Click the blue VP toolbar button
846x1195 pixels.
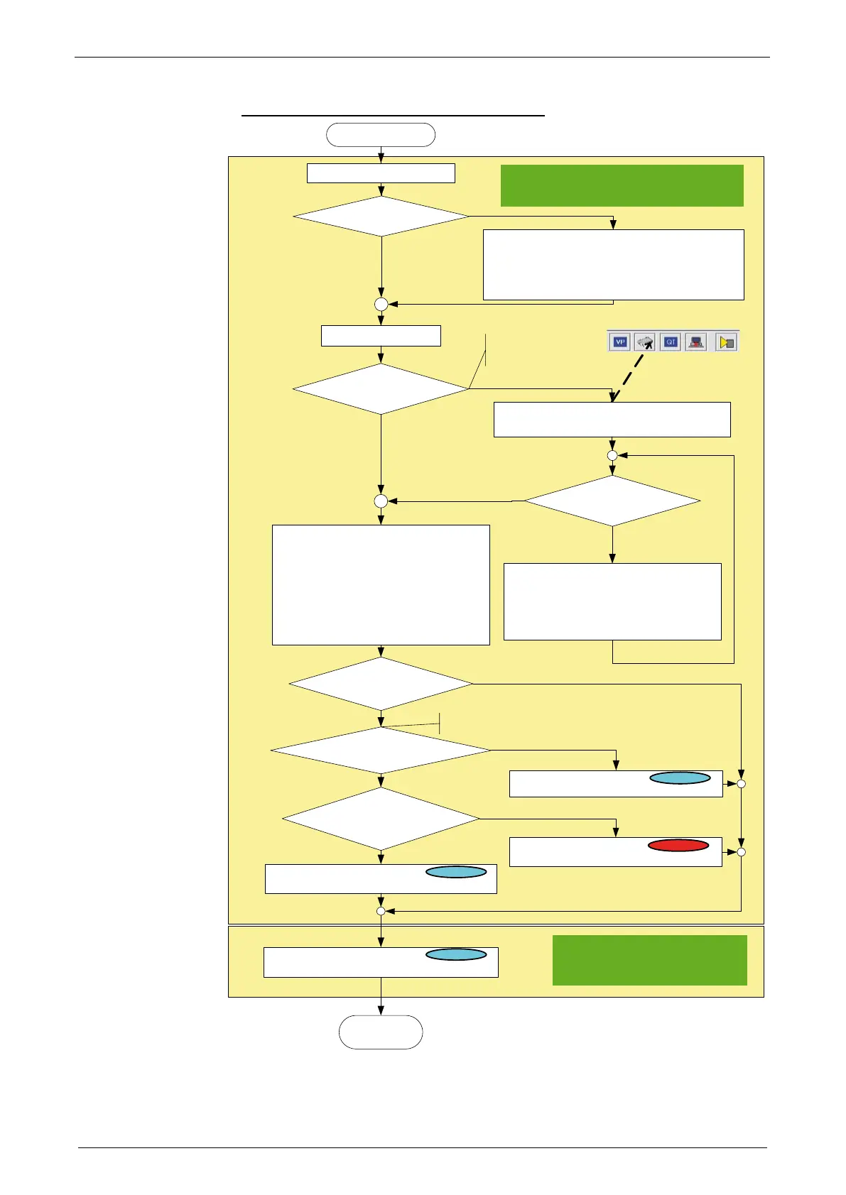coord(620,342)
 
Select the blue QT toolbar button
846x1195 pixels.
coord(671,342)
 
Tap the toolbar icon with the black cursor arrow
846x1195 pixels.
coord(645,342)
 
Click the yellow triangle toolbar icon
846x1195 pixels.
coord(726,342)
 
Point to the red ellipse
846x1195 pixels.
coord(678,846)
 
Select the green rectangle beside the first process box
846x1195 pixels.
coord(622,185)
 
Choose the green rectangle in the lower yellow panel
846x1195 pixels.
coord(649,960)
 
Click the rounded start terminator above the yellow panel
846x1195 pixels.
coord(381,135)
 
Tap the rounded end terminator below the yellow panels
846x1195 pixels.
coord(381,1032)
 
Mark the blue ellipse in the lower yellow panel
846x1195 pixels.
coord(456,955)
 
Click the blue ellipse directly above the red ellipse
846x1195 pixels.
coord(680,778)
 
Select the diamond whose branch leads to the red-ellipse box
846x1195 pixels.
coord(381,819)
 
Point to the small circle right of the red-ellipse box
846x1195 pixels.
coord(741,851)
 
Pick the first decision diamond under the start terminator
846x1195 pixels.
coord(381,216)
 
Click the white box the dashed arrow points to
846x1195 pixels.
coord(612,420)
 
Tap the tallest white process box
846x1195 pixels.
coord(381,585)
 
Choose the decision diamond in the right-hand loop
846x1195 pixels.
coord(612,501)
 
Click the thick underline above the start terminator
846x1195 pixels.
coord(393,114)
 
